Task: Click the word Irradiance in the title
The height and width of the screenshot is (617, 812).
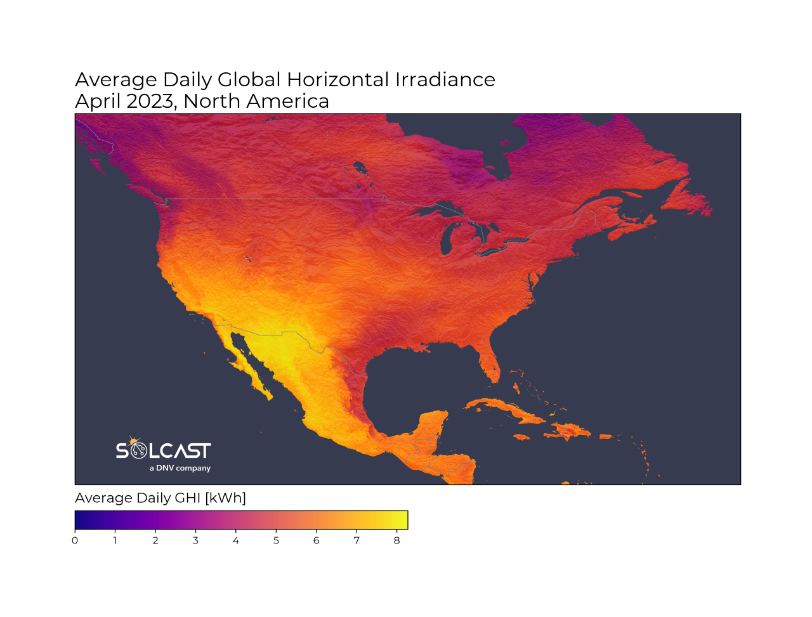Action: [445, 80]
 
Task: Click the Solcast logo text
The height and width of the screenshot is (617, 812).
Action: [163, 451]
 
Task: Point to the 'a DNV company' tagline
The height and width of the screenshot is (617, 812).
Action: [180, 469]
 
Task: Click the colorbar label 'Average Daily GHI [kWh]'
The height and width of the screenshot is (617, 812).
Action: [160, 498]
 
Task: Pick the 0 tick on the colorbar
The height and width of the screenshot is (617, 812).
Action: [75, 541]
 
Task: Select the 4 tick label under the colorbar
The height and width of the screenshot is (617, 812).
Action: [236, 541]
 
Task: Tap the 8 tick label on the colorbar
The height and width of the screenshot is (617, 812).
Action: [397, 541]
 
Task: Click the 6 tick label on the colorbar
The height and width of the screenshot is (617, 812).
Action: [317, 541]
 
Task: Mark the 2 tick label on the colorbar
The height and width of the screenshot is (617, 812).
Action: [155, 541]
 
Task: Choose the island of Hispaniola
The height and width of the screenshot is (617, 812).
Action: [571, 431]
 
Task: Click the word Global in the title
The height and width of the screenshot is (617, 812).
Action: [249, 80]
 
